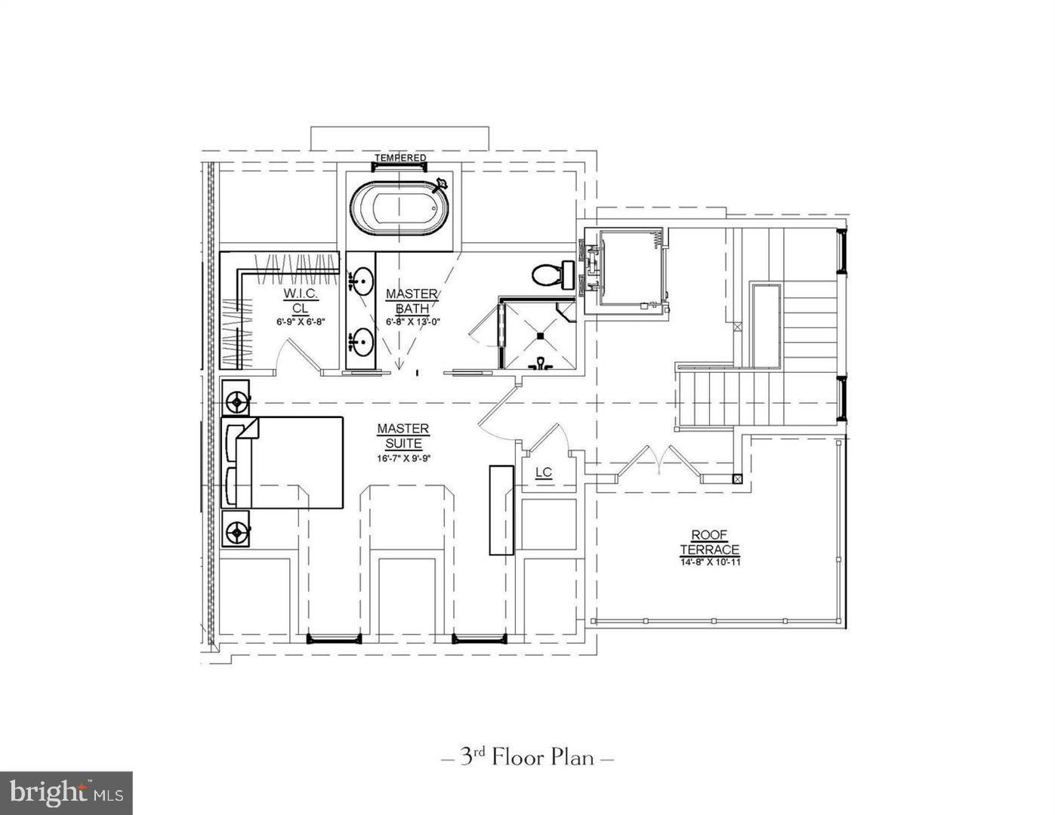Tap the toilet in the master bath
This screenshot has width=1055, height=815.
[x=551, y=275]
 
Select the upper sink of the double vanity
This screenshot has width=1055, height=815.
[x=363, y=281]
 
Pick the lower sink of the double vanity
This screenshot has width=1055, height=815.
[x=363, y=343]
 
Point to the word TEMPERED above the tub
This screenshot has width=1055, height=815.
[x=401, y=158]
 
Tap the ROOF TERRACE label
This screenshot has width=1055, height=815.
[x=709, y=543]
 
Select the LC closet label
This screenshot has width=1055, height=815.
[x=544, y=473]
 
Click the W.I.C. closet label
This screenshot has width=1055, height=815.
[x=300, y=293]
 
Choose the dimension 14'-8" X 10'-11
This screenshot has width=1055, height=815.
[x=709, y=562]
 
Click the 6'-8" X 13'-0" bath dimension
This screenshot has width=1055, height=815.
[x=412, y=321]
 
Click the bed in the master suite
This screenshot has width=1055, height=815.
[x=291, y=462]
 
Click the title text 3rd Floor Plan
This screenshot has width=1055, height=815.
[x=527, y=757]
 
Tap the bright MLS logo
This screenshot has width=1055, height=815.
[x=66, y=793]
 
